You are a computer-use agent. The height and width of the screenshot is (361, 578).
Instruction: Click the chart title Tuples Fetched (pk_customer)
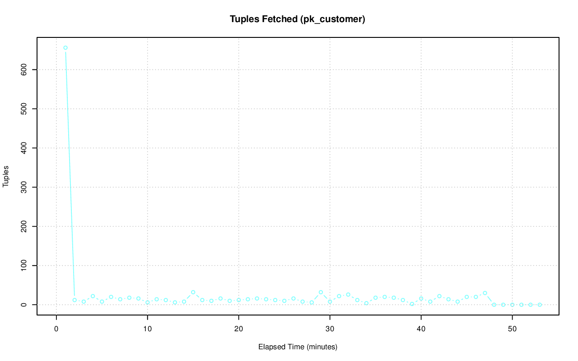297,19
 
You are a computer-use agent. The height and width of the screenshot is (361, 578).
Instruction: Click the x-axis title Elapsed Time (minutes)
298,347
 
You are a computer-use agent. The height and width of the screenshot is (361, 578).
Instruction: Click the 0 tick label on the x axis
56,329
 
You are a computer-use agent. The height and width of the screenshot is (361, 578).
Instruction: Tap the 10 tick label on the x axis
148,329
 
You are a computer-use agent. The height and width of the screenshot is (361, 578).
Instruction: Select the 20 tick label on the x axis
239,329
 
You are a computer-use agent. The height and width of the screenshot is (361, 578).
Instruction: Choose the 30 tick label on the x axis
330,329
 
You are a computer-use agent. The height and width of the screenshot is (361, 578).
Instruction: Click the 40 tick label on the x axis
421,329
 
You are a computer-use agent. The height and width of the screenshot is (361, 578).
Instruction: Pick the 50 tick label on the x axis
513,329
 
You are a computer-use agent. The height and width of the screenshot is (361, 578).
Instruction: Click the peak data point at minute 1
65,48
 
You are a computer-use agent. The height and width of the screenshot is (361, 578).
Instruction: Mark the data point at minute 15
193,292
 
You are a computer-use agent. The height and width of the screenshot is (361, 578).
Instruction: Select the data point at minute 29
321,292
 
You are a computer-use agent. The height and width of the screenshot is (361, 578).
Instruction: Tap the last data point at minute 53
540,305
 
